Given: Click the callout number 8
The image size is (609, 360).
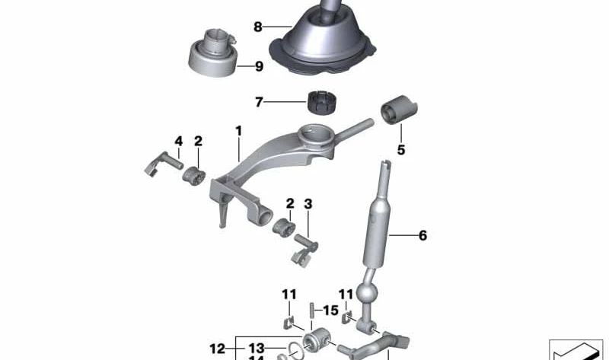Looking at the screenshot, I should point(257,27).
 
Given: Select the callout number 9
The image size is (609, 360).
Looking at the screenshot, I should point(259,67).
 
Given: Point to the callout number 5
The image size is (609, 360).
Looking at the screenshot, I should point(400,150).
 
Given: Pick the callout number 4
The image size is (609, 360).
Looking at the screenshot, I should point(178,141).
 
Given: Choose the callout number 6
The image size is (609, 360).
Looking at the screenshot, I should point(422,236).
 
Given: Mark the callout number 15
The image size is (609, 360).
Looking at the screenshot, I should point(331,311).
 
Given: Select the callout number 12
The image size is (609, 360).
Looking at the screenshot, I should point(218,349).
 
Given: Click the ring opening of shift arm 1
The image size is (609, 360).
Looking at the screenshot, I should point(316,136).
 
